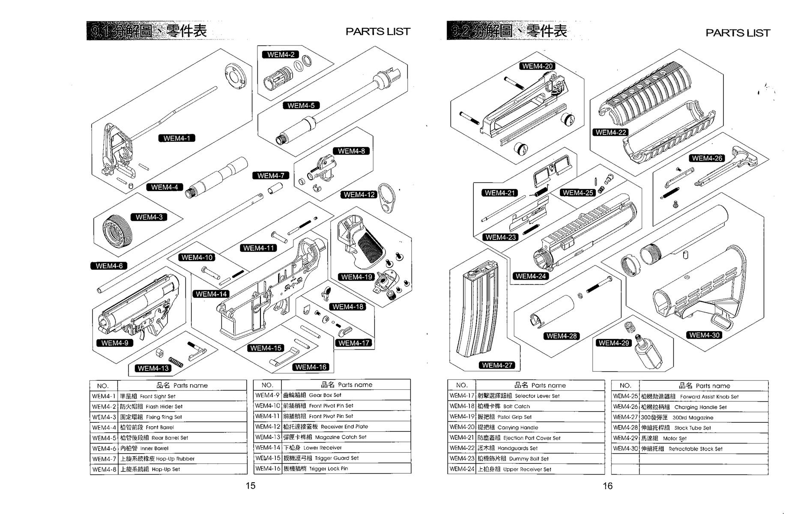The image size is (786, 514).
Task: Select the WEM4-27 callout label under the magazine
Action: (497, 365)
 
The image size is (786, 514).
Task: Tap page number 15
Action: (251, 485)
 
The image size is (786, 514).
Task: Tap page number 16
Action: (607, 486)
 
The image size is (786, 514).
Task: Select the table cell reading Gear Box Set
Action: (346, 395)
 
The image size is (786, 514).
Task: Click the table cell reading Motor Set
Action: (703, 438)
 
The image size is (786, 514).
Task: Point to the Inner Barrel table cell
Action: (182, 448)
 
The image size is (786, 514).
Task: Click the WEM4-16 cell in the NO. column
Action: (267, 469)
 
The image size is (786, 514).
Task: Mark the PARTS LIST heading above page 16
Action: (738, 33)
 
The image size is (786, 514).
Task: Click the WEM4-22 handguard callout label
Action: (610, 132)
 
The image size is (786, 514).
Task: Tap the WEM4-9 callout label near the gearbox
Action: (114, 343)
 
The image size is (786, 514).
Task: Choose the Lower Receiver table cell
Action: (346, 448)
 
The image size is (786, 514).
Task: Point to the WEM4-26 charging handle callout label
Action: (707, 158)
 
